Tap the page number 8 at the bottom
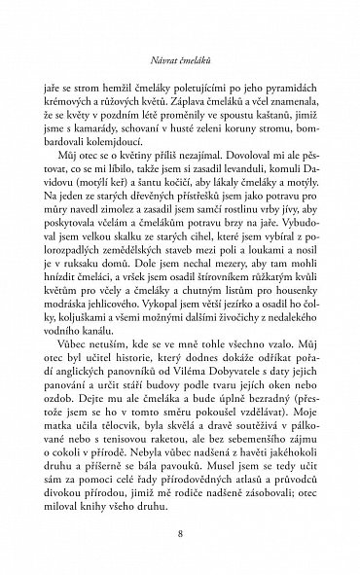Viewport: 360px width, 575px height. tap(180, 534)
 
